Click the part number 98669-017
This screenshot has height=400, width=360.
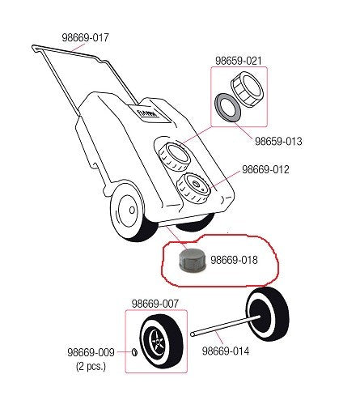point(85,37)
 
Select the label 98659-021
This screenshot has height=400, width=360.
point(239,61)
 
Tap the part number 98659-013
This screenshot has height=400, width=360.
point(278,141)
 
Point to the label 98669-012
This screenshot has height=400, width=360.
point(265,169)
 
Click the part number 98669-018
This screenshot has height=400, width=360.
point(234,260)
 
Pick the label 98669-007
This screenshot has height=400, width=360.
point(155,304)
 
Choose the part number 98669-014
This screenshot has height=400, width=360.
point(226,351)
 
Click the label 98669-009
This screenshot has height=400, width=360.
point(91,352)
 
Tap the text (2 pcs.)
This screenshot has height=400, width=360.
point(91,366)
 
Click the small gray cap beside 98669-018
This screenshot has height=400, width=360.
point(193,260)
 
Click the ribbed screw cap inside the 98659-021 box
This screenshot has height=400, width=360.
point(247,89)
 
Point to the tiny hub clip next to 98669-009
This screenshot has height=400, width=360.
point(134,352)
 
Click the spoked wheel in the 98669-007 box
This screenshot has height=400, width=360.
point(162,342)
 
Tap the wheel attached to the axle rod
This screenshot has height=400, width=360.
point(268,314)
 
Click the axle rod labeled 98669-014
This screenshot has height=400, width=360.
point(226,326)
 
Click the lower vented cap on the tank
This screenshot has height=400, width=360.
point(193,188)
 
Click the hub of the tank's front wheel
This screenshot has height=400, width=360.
point(132,210)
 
